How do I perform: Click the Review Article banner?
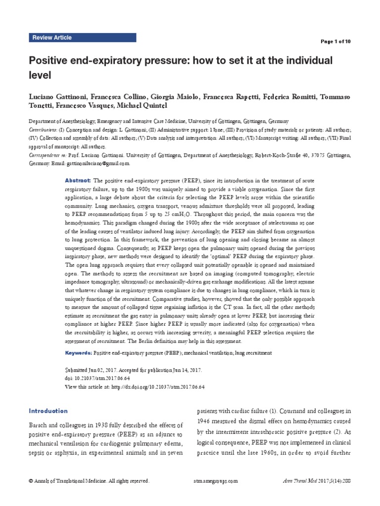click(52, 38)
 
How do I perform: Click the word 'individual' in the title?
click(308, 61)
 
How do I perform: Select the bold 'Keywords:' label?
click(78, 354)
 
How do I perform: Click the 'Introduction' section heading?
click(48, 411)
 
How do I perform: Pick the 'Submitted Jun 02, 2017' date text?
click(94, 370)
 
